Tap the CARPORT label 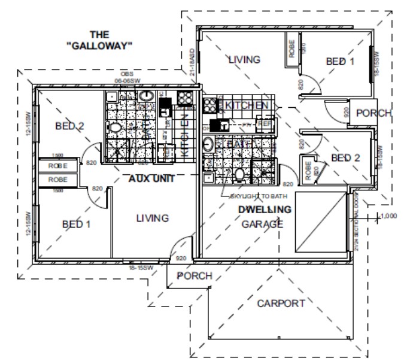[281, 304]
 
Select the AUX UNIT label [151, 179]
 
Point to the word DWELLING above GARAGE [265, 210]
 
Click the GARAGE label [262, 225]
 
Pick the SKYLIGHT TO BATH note [259, 196]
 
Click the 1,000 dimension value [389, 215]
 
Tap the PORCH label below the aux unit [195, 276]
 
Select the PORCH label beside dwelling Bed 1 [374, 113]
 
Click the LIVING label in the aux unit [152, 218]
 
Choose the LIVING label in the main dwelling [244, 59]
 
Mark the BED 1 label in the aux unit [76, 224]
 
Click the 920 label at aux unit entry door [181, 259]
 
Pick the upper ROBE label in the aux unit [57, 165]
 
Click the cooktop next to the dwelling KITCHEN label [210, 105]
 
